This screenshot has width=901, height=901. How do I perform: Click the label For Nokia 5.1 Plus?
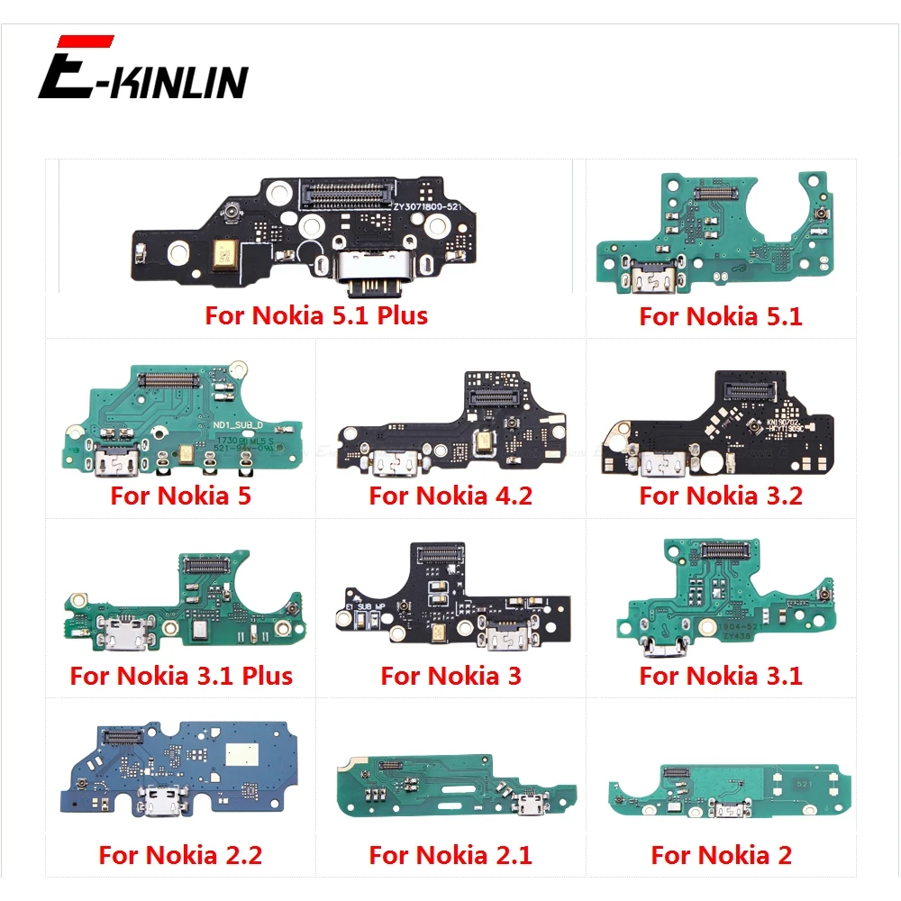316,315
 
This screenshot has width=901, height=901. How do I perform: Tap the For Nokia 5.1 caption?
721,315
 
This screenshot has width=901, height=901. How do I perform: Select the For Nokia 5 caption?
181,496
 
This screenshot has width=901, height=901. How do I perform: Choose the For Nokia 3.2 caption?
721,496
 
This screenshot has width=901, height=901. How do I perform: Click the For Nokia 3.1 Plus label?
181,676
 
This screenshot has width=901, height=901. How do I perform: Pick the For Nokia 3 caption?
450,676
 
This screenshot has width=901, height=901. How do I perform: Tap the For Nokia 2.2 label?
181,854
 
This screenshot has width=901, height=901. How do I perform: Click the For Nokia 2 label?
721,854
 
